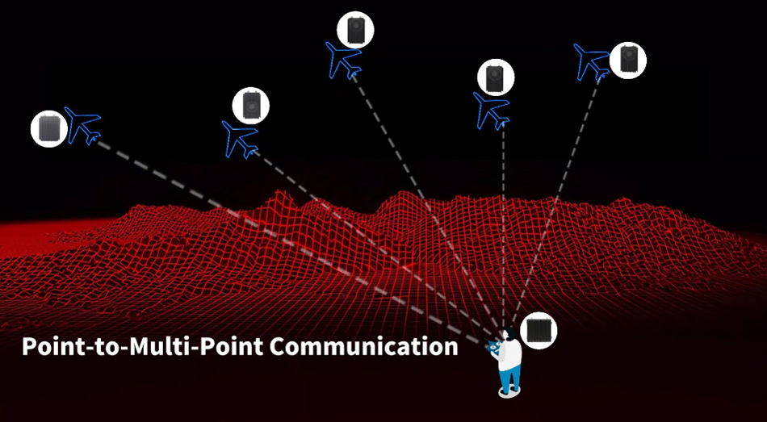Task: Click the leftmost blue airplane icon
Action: [84, 126]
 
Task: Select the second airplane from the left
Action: [240, 139]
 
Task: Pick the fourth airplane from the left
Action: [491, 110]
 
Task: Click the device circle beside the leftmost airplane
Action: [49, 128]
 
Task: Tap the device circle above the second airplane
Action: [251, 104]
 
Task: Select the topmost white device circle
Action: [355, 30]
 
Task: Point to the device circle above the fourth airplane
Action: [496, 77]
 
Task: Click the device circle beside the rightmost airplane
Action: [628, 59]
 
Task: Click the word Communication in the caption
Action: [363, 347]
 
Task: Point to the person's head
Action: [509, 333]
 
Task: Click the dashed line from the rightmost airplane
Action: [557, 194]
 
